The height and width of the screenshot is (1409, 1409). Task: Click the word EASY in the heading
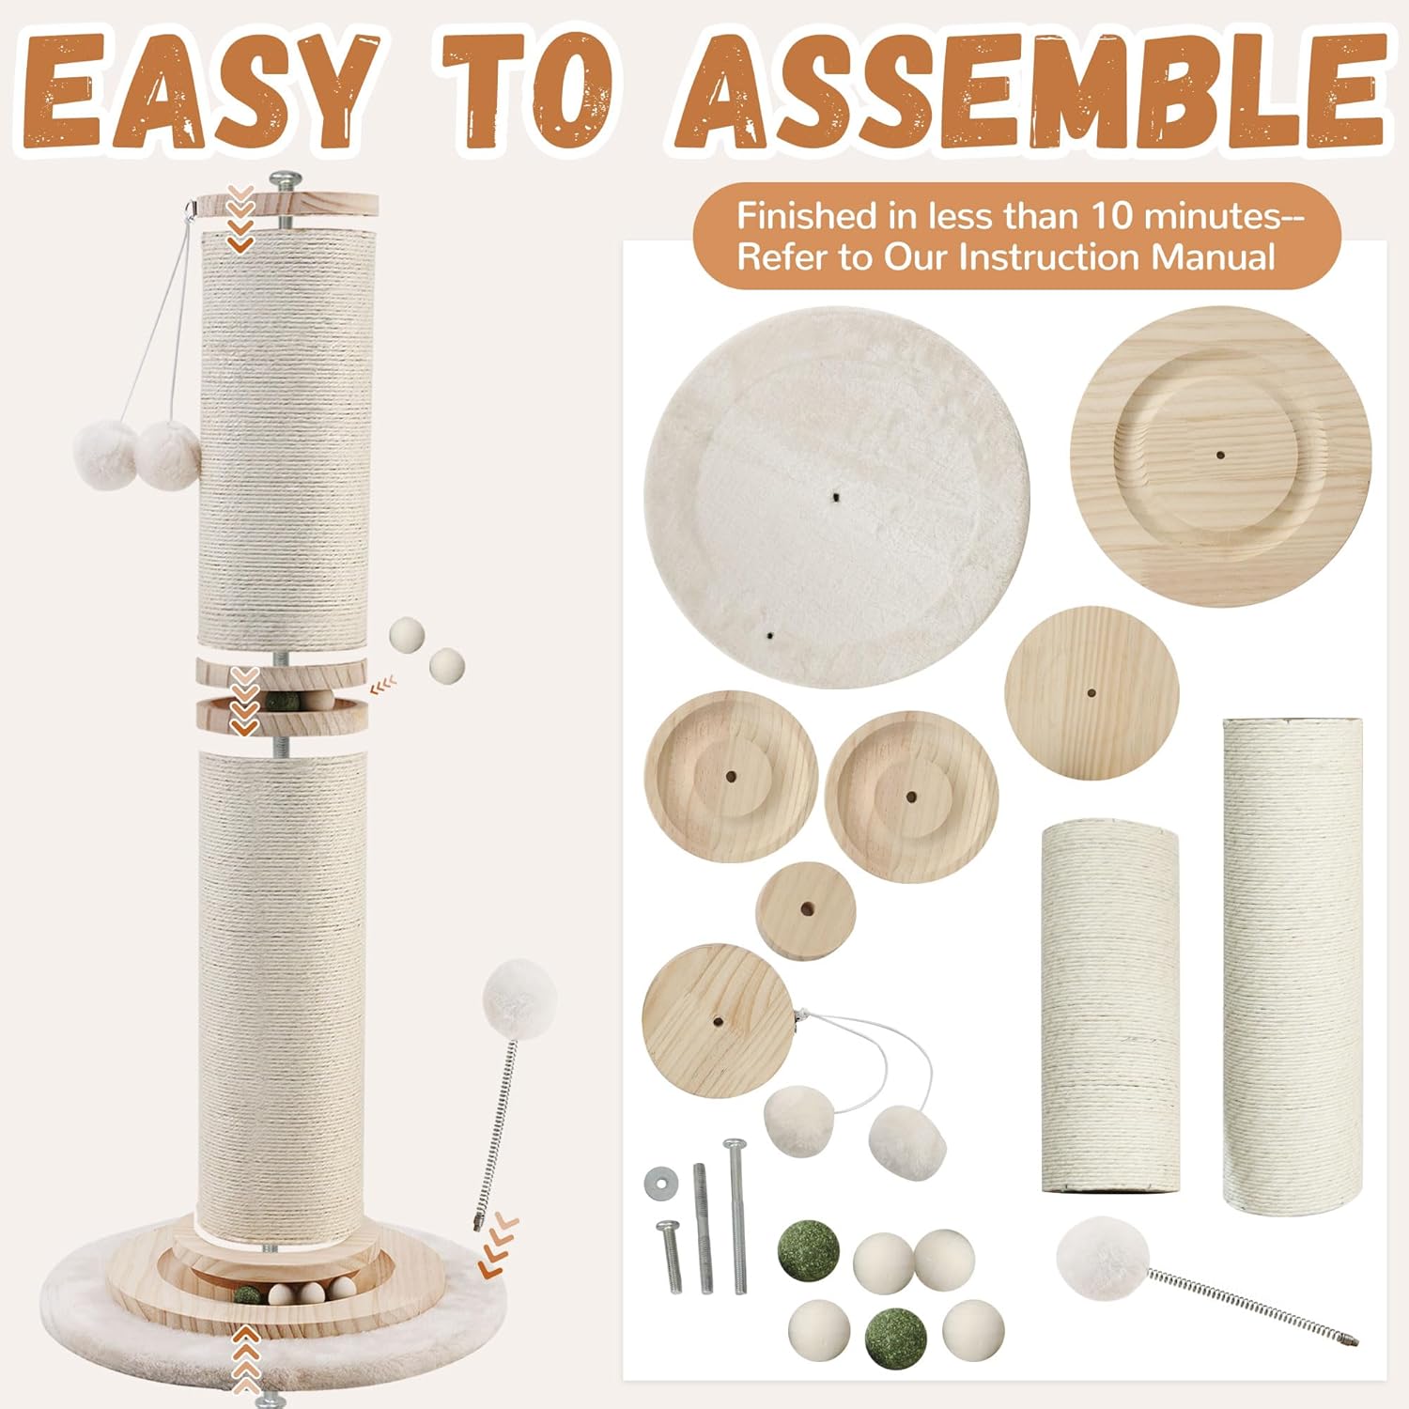coord(198,91)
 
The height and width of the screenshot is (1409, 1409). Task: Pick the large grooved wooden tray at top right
coord(1221,456)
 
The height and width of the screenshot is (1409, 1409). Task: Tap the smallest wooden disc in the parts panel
coord(806,910)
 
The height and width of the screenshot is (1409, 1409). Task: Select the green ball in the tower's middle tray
coord(279,701)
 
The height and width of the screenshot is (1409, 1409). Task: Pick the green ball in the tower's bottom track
coord(247,1296)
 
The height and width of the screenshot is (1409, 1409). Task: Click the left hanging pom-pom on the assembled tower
coord(104,455)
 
